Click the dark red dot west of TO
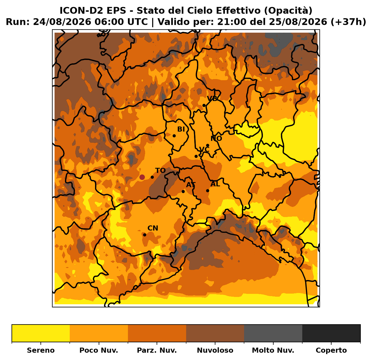click(142, 177)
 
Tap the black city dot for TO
click(152, 177)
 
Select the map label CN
click(153, 228)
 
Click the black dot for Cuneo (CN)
click(145, 235)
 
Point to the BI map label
click(181, 129)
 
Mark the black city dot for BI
click(174, 136)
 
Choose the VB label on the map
click(212, 99)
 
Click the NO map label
click(216, 138)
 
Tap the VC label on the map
click(204, 149)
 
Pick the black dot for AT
click(183, 191)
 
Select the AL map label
click(215, 184)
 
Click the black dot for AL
click(208, 191)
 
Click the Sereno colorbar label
click(41, 350)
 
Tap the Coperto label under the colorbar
click(331, 350)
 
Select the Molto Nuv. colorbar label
click(273, 350)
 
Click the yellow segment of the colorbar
click(41, 333)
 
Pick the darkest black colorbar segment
click(331, 333)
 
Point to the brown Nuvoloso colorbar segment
click(215, 333)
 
